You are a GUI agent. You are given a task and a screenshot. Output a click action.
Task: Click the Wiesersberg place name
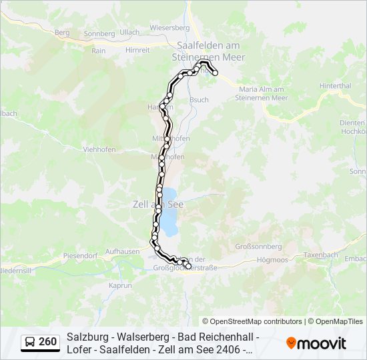(169, 28)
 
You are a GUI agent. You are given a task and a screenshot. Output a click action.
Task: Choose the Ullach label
(129, 32)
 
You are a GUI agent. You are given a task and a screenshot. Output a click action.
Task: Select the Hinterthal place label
(335, 86)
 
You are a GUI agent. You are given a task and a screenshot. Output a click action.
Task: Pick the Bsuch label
(199, 99)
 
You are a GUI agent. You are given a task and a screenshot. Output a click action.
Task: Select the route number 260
(48, 342)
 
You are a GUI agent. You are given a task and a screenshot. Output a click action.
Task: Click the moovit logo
(316, 343)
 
